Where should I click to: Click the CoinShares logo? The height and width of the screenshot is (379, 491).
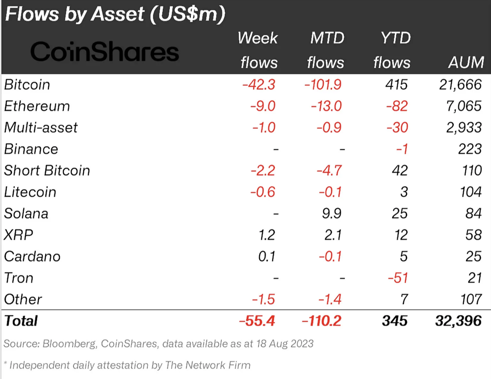[x=104, y=52]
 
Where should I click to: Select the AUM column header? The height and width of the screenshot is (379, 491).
[x=466, y=63]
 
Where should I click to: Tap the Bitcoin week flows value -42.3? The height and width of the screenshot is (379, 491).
[x=259, y=85]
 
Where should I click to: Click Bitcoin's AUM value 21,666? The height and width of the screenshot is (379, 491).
[x=460, y=85]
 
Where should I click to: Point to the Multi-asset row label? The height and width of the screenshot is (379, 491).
[x=41, y=128]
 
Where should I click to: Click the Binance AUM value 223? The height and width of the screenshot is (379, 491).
[x=470, y=149]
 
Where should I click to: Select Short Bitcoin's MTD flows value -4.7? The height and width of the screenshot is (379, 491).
[x=329, y=170]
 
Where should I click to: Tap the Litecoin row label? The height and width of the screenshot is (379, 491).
[x=30, y=192]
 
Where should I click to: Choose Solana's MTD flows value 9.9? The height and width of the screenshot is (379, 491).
[x=331, y=213]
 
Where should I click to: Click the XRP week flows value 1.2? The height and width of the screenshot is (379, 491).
[x=267, y=235]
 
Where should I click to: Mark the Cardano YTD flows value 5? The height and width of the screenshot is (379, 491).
[x=403, y=257]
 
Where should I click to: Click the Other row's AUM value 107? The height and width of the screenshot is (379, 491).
[x=471, y=299]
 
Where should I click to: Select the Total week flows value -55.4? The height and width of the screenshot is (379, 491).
[x=257, y=321]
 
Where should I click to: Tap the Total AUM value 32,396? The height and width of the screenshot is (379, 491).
[x=458, y=321]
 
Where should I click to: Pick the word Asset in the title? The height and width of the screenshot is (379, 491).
[x=118, y=14]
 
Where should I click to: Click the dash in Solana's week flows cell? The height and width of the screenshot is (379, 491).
[x=276, y=214]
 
